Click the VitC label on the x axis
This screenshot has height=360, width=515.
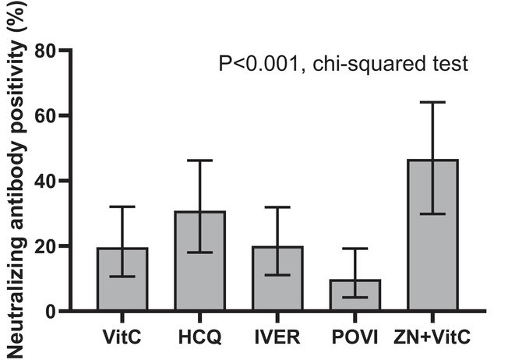(x=122, y=338)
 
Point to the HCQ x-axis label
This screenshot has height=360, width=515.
(x=200, y=338)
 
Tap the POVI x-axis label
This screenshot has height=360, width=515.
(x=355, y=338)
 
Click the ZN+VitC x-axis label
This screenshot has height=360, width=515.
(x=432, y=338)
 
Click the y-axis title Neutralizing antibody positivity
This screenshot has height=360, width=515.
(x=14, y=179)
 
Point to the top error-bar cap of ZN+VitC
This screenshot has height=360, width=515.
(x=432, y=102)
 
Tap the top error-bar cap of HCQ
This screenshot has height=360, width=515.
(x=199, y=161)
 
